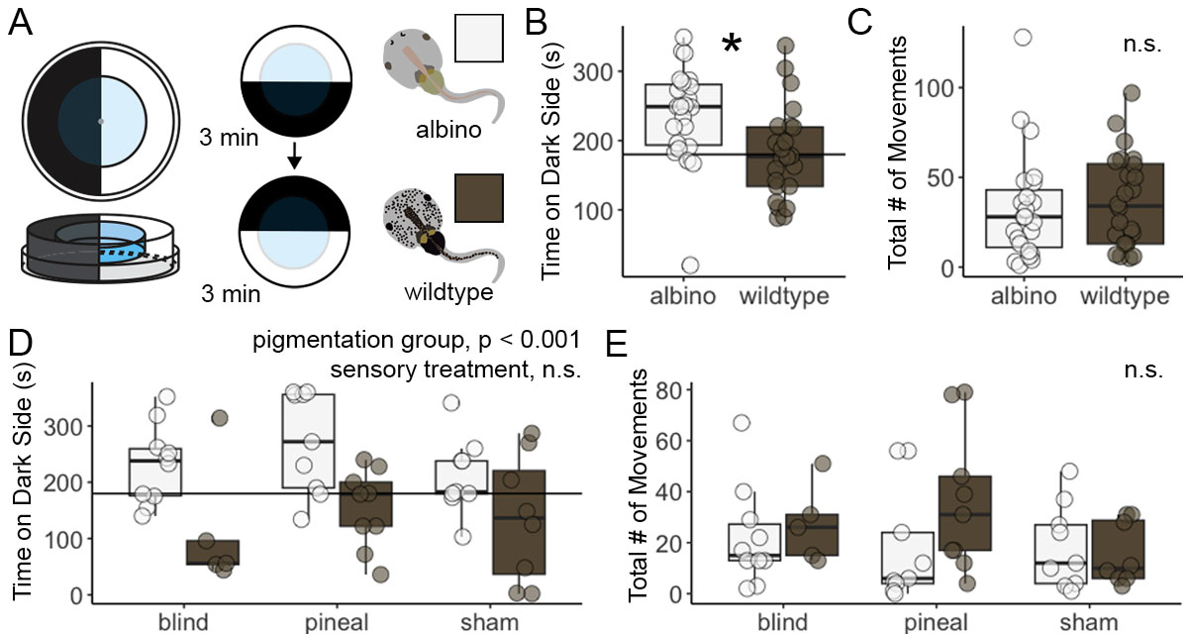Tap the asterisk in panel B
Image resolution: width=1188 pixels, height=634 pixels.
(732, 46)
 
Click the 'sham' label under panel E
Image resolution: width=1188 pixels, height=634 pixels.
(1087, 623)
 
